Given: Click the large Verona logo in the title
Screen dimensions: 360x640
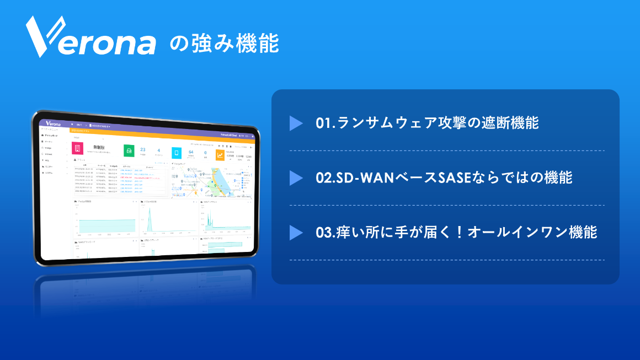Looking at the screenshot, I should coord(91,37).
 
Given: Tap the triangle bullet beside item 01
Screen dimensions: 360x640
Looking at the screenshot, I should coord(296,123).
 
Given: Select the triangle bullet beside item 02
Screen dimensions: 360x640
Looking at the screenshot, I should coord(296,178).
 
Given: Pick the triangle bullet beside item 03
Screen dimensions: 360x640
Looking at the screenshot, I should coord(296,233).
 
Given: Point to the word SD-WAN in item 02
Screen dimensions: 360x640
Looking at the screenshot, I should coord(359,178).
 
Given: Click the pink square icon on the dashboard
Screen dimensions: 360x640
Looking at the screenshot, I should coord(78,149).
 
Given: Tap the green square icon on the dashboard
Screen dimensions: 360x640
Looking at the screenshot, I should coord(129,151).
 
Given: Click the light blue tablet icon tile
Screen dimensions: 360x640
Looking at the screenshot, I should coord(177,153).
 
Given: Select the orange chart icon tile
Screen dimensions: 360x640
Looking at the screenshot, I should coord(220,155).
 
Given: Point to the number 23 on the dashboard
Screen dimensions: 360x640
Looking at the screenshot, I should coord(143,149).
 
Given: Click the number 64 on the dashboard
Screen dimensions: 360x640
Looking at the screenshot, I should coord(191,152).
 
